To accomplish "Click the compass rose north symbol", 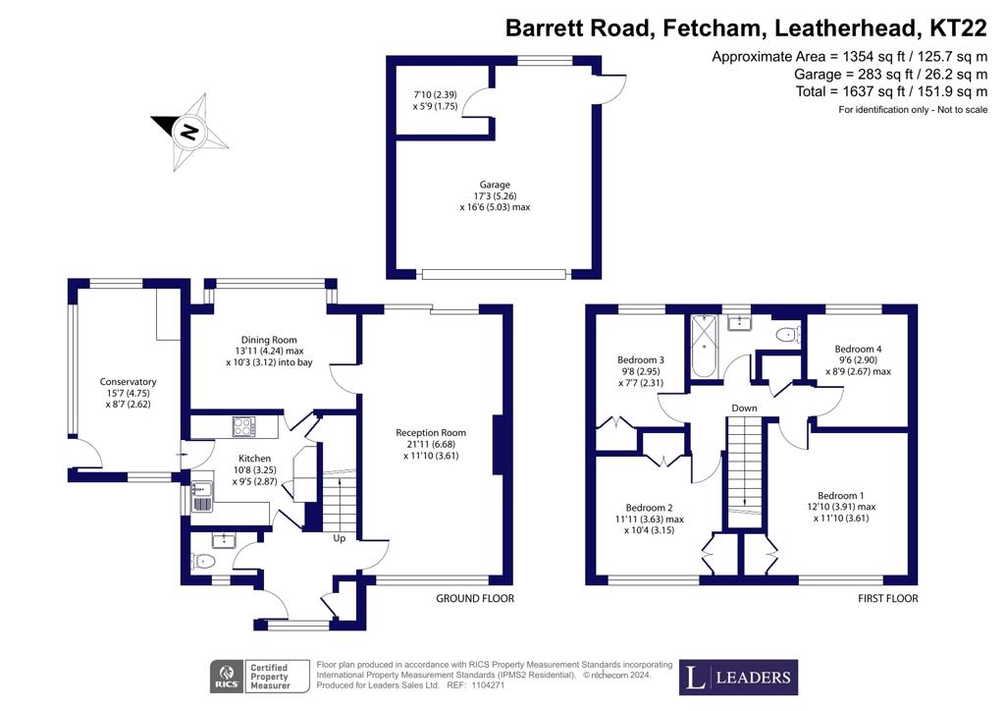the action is click(189, 132).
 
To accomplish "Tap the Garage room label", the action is click(495, 185).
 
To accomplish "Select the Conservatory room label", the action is click(129, 381).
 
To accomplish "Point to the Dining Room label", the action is click(269, 340).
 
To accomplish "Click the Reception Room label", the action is click(431, 433).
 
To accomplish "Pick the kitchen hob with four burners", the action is click(243, 427).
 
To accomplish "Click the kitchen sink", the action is click(202, 498).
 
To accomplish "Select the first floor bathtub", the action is click(705, 347).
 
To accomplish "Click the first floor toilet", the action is click(787, 334).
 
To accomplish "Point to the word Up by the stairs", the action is click(339, 538).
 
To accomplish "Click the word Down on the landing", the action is click(744, 408).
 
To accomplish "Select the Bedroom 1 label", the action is click(841, 496).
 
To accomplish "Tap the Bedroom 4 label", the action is click(858, 349).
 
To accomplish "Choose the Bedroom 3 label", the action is click(641, 359).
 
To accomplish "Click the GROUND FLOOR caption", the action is click(475, 598).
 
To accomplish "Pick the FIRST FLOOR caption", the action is click(887, 598).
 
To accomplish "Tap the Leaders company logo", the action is click(738, 677).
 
